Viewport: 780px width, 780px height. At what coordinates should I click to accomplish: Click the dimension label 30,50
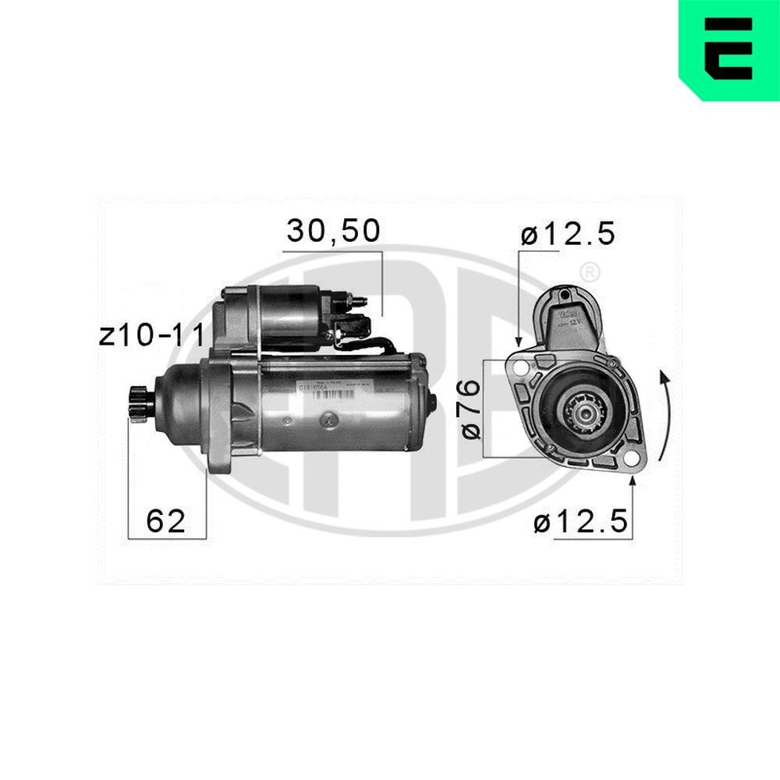tap(333, 231)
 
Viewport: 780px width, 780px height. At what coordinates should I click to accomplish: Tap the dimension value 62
tap(166, 520)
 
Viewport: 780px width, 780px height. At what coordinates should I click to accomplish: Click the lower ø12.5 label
tap(581, 523)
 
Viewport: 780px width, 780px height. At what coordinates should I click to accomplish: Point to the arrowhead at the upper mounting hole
tap(519, 343)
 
